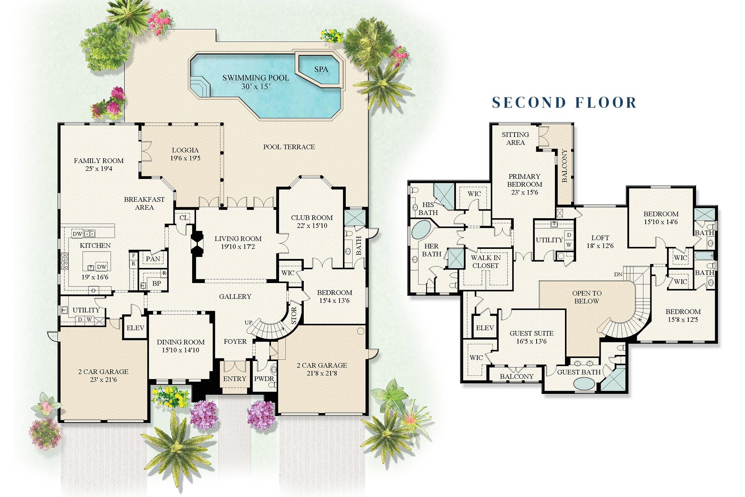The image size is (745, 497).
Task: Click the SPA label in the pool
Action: (x=321, y=69)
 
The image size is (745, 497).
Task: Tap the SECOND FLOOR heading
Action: (x=564, y=102)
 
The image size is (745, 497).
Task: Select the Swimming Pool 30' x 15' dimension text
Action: (x=256, y=87)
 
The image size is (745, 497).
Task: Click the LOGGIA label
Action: (x=185, y=150)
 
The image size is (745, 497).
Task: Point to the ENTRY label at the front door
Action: (x=234, y=379)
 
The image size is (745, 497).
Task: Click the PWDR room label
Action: (x=264, y=379)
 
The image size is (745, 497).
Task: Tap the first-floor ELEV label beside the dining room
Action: (x=135, y=328)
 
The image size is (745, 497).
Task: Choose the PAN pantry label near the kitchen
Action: (x=153, y=259)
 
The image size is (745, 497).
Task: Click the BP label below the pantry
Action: (x=156, y=283)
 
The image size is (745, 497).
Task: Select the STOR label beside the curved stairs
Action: (x=294, y=315)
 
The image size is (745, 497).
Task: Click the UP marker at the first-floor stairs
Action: (x=248, y=323)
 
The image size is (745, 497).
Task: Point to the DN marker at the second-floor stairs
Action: (x=618, y=275)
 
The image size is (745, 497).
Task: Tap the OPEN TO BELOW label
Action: (x=587, y=297)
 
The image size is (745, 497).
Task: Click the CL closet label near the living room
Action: (x=184, y=218)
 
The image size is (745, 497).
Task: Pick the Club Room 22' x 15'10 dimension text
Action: (x=312, y=226)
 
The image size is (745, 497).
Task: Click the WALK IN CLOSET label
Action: (x=485, y=262)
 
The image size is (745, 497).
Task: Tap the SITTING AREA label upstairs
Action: (x=515, y=139)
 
